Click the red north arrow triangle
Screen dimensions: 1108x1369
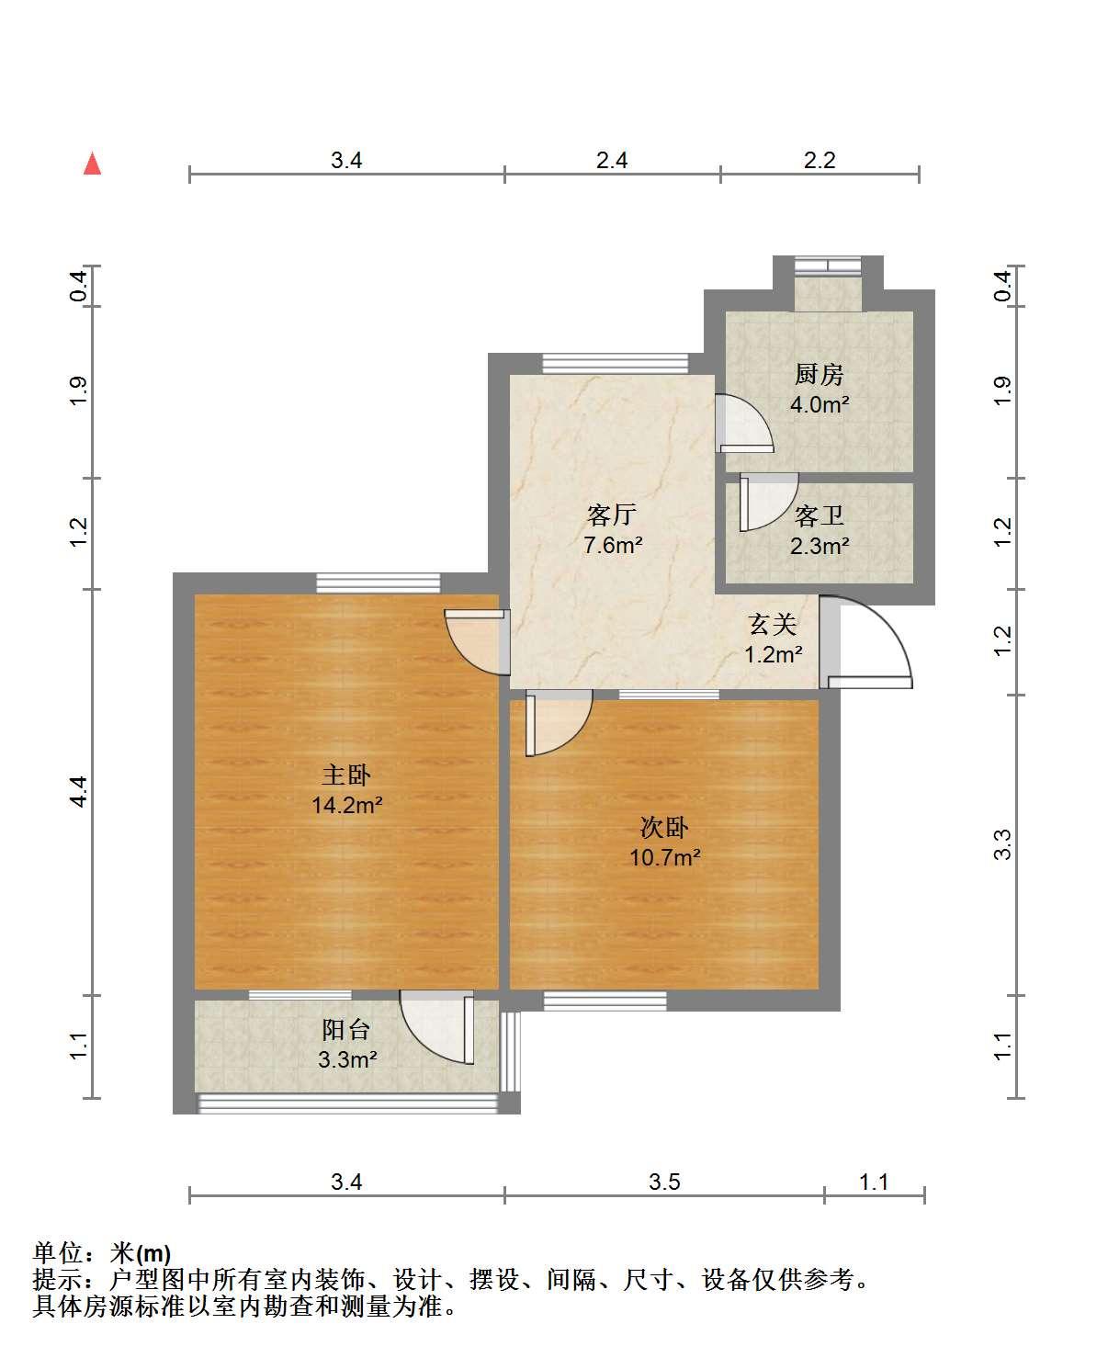[93, 164]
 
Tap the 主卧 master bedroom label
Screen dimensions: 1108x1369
[346, 775]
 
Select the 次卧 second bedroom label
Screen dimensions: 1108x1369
[664, 828]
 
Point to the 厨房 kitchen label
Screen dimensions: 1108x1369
[819, 375]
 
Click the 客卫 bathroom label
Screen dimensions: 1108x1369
[819, 516]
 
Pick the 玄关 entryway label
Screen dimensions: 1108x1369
[773, 625]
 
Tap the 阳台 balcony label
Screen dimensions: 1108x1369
[346, 1030]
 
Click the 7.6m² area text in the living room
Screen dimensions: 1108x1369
[613, 546]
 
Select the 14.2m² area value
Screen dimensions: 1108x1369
[347, 805]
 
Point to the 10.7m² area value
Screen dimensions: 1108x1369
[664, 858]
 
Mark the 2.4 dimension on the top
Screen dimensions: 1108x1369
[611, 160]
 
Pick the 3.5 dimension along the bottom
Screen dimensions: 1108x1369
[664, 1182]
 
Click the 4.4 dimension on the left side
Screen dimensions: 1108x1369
[79, 792]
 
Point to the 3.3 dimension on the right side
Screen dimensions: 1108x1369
[1002, 845]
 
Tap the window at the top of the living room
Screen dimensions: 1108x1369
[616, 364]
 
